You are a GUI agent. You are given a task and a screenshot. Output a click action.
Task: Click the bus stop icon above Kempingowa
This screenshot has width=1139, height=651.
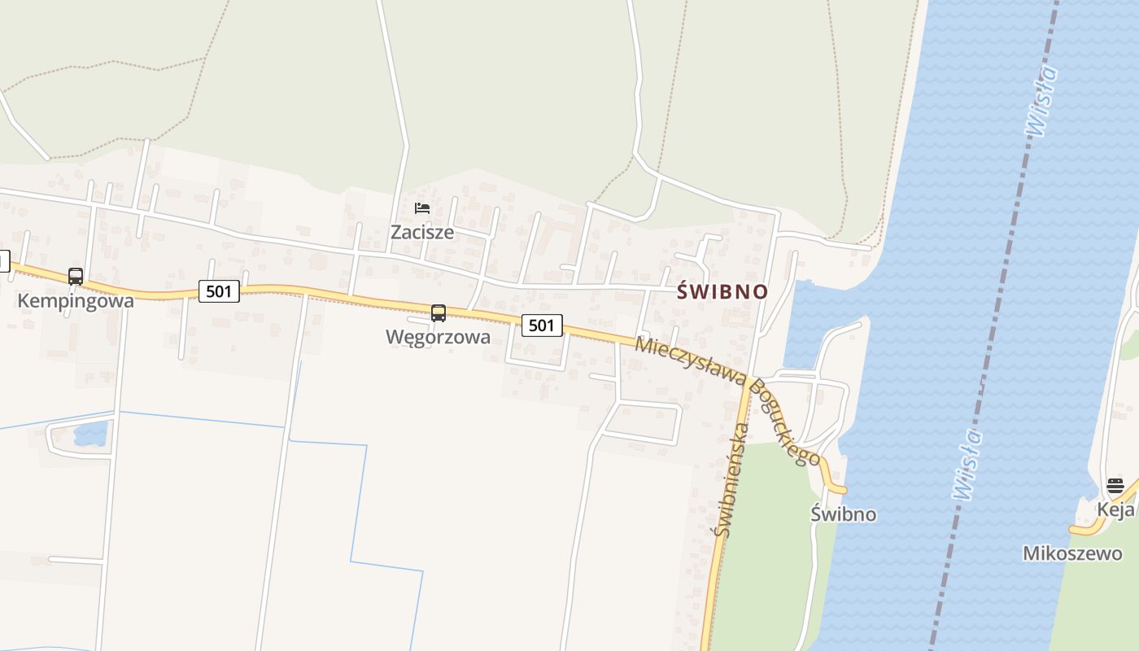coord(76,277)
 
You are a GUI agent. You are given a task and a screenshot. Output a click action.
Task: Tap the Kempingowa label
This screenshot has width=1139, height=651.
coord(76,301)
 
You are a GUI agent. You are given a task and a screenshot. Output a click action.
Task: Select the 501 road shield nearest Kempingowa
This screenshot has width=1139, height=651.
coord(219,291)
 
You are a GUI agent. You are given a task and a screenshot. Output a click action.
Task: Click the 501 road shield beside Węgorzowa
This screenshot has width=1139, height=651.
coord(542,325)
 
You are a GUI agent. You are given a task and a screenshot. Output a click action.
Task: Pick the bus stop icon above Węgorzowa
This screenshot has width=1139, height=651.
coord(439,313)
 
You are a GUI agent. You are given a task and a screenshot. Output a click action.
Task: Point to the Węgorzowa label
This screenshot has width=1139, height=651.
coord(438,337)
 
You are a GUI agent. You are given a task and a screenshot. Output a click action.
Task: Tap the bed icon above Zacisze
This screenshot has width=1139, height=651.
coord(422,208)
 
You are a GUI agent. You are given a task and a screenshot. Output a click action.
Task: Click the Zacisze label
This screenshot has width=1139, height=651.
coord(422,232)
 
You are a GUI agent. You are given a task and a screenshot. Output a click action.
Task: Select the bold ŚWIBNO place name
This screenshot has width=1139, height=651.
coord(722,291)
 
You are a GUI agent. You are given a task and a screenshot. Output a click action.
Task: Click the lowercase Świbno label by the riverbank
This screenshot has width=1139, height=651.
coord(844,513)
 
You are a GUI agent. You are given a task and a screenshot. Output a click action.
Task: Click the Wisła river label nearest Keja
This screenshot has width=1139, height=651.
coord(967,464)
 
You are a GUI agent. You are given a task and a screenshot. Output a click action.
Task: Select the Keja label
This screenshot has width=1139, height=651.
coord(1115,510)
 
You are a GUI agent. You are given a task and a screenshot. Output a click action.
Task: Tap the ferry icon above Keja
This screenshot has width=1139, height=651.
coord(1115,487)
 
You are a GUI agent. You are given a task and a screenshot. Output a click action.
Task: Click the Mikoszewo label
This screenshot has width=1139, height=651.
coord(1072,553)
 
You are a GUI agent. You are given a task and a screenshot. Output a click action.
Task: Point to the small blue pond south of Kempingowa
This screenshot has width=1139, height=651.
coord(90,434)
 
